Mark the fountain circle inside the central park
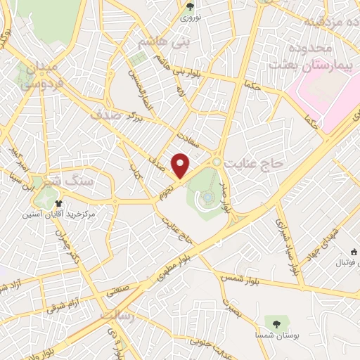209,198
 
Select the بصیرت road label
233,307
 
